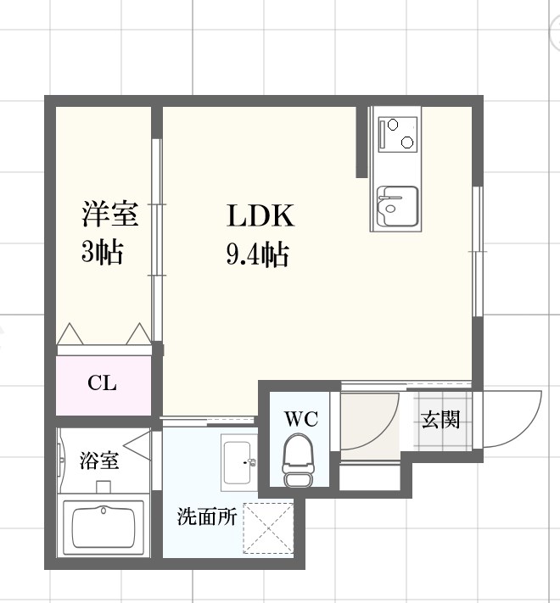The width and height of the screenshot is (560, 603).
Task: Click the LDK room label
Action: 260,217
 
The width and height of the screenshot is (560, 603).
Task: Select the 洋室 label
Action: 109,215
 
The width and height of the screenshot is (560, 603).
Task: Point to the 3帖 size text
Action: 103,252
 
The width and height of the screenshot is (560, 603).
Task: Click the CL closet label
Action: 102,383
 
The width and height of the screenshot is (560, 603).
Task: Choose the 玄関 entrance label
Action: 440,419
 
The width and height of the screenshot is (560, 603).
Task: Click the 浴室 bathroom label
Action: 99,461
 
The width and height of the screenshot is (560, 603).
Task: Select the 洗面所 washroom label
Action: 206,517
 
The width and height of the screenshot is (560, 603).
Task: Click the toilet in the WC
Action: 297,462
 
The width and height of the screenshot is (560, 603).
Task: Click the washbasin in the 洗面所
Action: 238,461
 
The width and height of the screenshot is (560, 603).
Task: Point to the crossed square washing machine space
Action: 267,528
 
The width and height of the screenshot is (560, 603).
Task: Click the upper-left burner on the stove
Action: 393,125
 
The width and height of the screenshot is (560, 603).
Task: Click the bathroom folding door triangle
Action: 137,442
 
